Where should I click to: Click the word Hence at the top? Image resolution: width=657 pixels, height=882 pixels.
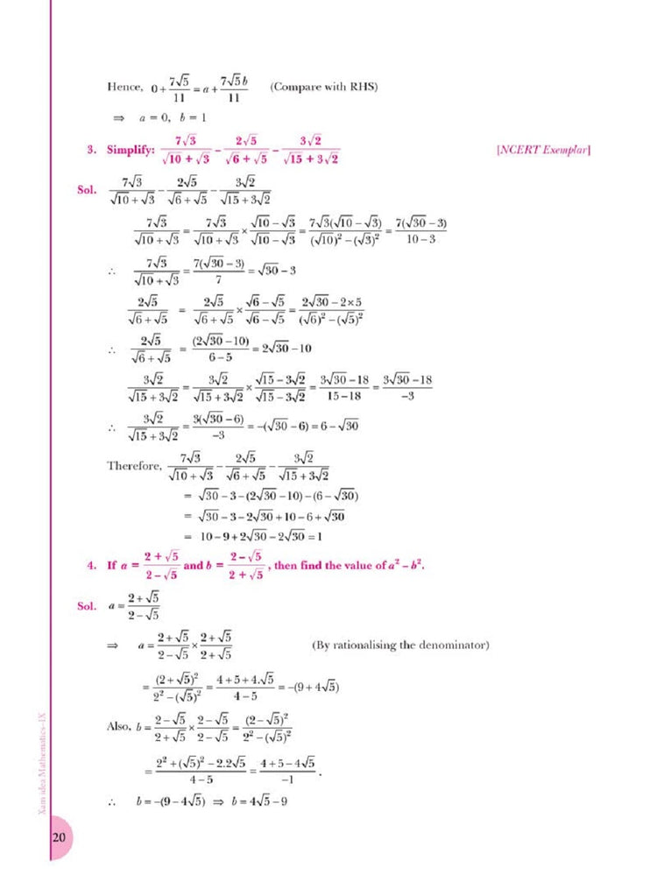coord(124,88)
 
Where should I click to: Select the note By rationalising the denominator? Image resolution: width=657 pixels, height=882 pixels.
coord(400,646)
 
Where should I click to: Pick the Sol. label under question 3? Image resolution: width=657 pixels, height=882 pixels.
coord(89,190)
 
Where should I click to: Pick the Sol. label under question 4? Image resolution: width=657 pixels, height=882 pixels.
coord(89,606)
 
